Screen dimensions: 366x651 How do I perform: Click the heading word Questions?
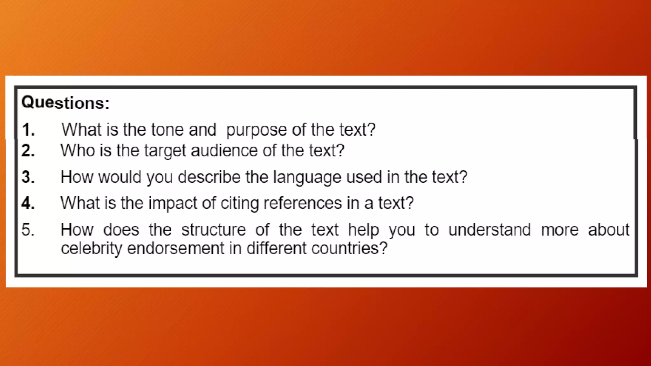65,103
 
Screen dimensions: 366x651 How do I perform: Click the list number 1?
28,130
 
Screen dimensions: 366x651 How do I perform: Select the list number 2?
28,151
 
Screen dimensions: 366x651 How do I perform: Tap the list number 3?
28,177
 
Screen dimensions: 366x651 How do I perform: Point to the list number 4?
28,203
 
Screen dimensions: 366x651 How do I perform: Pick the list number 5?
28,230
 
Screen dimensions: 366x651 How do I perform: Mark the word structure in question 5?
214,230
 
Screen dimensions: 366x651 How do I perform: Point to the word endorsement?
176,248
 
